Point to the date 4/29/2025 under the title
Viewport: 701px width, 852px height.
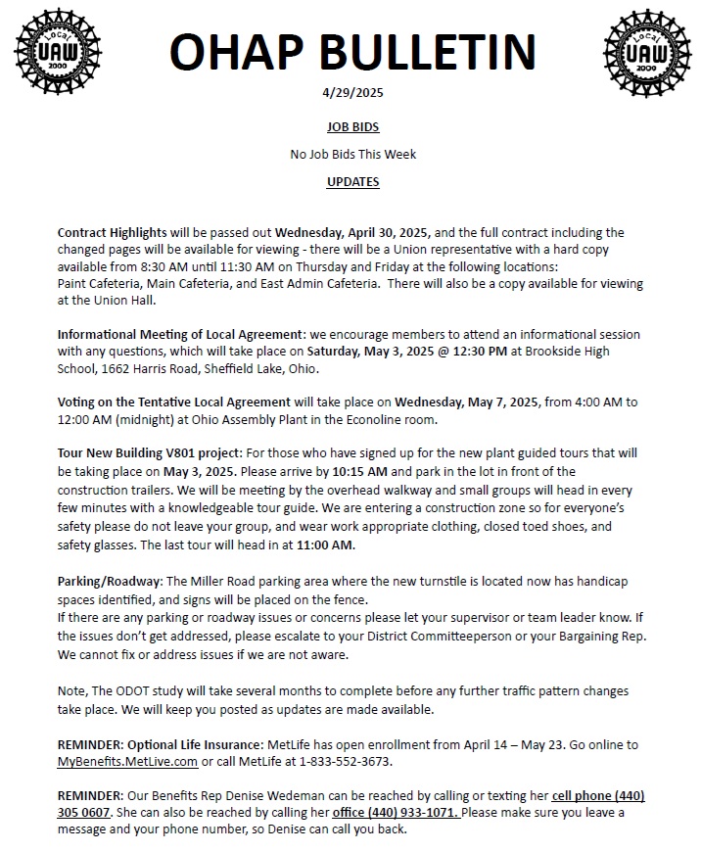[x=351, y=93]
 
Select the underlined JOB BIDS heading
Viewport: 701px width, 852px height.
[x=351, y=127]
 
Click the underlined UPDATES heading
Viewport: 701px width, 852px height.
[x=351, y=181]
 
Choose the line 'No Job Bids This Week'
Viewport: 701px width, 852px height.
[x=351, y=154]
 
